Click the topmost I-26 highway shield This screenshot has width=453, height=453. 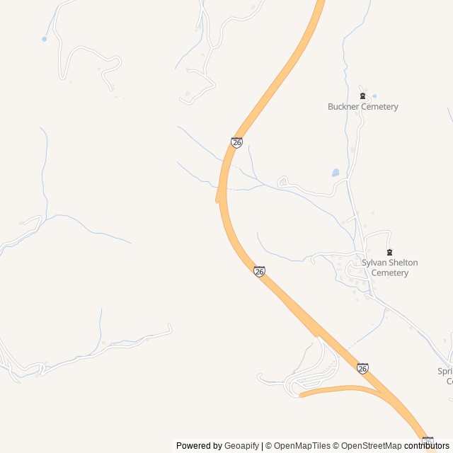(x=236, y=142)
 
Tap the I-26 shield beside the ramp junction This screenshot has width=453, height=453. (x=362, y=368)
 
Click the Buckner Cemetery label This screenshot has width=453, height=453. (x=362, y=107)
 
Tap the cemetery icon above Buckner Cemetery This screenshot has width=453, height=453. (x=362, y=96)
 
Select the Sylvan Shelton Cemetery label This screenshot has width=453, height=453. (x=389, y=268)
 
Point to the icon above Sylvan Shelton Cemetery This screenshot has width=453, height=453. (x=389, y=252)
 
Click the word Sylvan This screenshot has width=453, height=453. (x=374, y=263)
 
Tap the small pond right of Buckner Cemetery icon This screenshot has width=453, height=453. (x=374, y=96)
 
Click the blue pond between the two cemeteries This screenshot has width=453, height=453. (x=335, y=173)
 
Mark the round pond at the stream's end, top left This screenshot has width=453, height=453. (x=45, y=39)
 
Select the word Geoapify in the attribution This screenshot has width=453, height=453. (x=242, y=446)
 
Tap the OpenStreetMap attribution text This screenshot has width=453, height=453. (x=368, y=446)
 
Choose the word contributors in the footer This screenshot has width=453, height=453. (x=427, y=446)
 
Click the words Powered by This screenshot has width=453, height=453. (x=199, y=446)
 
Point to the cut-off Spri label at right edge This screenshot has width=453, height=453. (x=445, y=371)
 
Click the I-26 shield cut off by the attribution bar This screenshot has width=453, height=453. (x=428, y=440)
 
